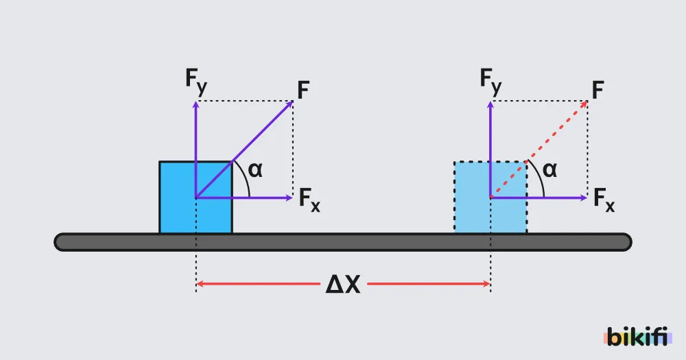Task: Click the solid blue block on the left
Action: point(196,197)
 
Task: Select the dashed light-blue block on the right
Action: point(490,197)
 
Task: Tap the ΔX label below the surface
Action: point(343,285)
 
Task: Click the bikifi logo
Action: point(637,337)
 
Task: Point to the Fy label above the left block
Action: point(196,82)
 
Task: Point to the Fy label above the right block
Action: point(490,82)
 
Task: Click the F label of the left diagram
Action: point(303,91)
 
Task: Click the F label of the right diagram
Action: point(598,91)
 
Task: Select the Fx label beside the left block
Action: point(309,200)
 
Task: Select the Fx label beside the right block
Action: point(604,200)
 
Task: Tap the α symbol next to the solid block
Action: point(255,170)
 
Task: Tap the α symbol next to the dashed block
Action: point(550,170)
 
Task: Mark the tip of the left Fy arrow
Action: point(196,101)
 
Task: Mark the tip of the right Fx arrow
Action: point(587,197)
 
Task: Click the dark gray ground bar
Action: point(343,242)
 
